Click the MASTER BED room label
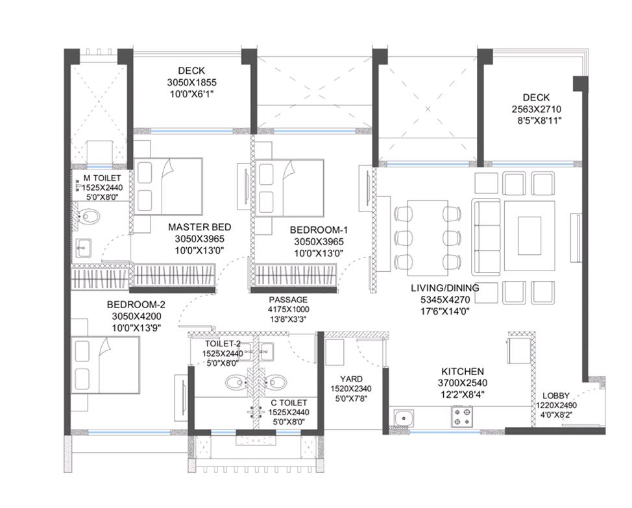(x=199, y=227)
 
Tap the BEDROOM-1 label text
(x=319, y=230)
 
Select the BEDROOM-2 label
(x=136, y=304)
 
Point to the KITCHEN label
(x=462, y=372)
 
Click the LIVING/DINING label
(x=445, y=288)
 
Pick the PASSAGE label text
(x=288, y=300)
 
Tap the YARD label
(x=351, y=379)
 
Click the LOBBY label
(x=556, y=396)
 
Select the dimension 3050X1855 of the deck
(x=192, y=82)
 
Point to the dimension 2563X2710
(x=537, y=109)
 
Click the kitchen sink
(x=402, y=418)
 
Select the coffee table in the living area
(x=529, y=236)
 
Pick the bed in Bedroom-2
(x=106, y=365)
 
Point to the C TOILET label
(x=289, y=403)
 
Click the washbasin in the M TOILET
(x=84, y=248)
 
